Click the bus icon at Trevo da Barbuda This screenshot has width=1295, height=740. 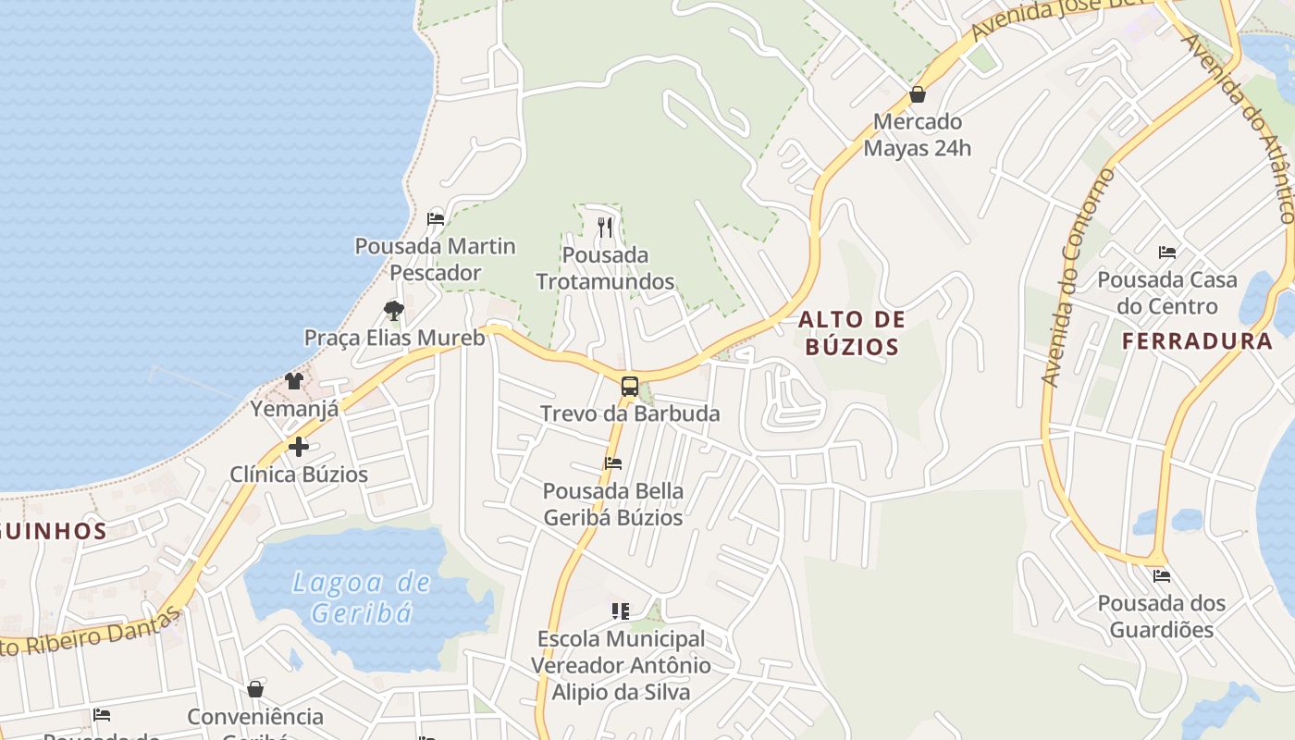630,387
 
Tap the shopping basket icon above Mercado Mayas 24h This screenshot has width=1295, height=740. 918,94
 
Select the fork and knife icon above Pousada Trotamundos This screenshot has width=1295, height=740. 605,227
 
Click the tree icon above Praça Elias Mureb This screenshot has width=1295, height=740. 394,310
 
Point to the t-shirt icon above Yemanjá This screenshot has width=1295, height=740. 294,380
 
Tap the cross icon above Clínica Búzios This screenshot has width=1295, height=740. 298,448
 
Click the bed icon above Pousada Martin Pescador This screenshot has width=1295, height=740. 436,219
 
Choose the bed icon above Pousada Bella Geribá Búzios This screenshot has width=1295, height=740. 613,463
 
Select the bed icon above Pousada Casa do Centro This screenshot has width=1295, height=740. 1167,252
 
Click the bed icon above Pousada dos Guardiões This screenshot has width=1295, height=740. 1162,576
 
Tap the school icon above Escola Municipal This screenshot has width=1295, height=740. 621,611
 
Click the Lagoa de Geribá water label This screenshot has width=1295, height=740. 361,598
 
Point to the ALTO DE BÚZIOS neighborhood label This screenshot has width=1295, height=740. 851,334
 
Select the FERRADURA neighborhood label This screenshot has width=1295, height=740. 1197,341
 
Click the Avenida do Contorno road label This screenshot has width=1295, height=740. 1079,277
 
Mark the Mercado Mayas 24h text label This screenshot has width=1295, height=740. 918,135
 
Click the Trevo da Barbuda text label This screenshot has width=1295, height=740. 630,413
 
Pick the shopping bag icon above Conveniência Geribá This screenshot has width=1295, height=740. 255,689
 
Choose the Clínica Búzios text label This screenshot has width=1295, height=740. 299,475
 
